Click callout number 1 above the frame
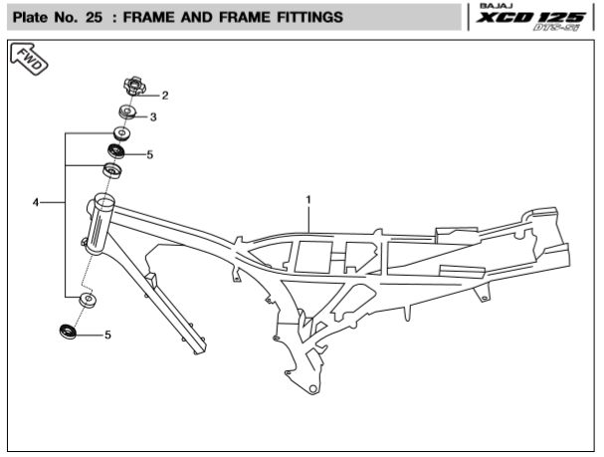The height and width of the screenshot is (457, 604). [308, 199]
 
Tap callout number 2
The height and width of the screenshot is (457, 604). [165, 96]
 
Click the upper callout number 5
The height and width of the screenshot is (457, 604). [149, 154]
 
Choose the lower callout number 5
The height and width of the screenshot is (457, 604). [107, 335]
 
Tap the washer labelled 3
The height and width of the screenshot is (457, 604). [128, 112]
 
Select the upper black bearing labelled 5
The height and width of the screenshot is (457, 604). [116, 151]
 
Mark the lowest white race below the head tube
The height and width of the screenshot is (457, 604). [87, 300]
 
